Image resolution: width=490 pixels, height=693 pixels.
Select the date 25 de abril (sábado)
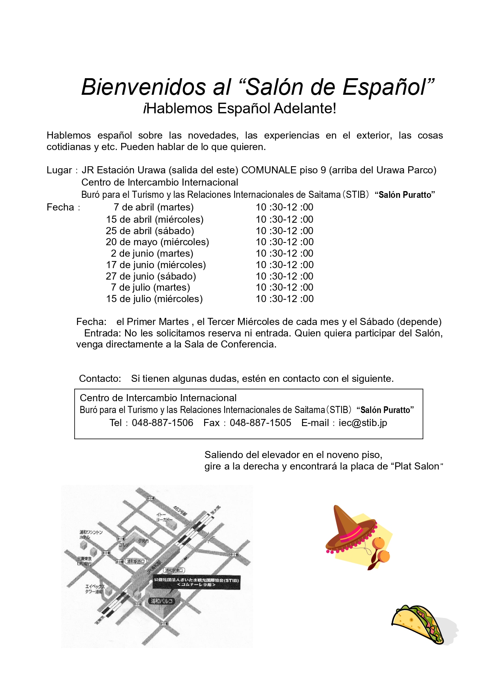click(x=150, y=231)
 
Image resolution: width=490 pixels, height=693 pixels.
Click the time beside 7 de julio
click(x=284, y=287)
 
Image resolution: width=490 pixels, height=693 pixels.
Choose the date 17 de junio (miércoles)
click(x=156, y=265)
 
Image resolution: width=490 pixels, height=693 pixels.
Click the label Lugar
click(x=59, y=170)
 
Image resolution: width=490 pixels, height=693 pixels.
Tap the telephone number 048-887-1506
click(x=162, y=423)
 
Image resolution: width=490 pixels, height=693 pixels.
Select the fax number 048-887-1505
click(x=260, y=423)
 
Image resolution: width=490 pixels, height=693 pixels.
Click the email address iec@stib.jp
click(x=362, y=423)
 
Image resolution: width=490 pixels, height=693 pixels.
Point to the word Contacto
click(x=100, y=379)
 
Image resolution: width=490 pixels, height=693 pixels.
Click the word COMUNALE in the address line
click(x=268, y=170)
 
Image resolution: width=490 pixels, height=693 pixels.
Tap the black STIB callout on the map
click(x=196, y=582)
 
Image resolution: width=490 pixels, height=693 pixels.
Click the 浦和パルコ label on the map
click(x=162, y=601)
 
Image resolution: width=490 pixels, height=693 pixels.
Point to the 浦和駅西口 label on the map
click(x=135, y=561)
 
